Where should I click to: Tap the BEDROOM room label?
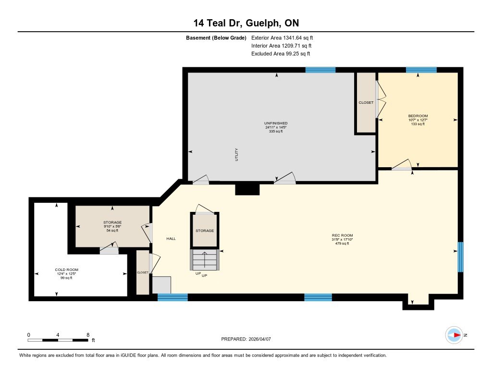418,116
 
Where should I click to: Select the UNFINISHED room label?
276,123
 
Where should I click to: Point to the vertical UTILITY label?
236,154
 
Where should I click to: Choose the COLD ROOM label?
66,270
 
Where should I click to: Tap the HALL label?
171,239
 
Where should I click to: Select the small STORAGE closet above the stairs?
205,231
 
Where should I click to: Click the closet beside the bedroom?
366,102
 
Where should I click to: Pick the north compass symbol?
454,335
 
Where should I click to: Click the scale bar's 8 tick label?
87,334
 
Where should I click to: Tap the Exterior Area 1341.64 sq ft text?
282,37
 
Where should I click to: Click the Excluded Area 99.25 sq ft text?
283,54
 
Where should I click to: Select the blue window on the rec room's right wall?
460,257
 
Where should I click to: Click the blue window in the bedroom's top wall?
421,70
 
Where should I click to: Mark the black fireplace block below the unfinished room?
247,189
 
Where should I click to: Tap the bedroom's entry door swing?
402,165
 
